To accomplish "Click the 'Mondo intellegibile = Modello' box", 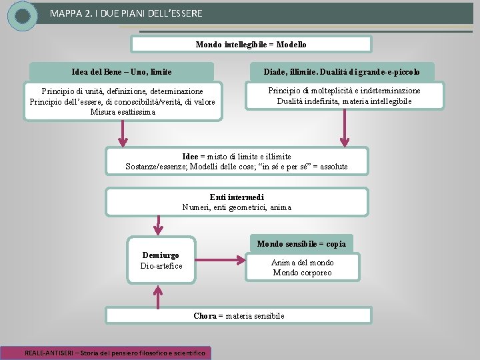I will (x=251, y=44).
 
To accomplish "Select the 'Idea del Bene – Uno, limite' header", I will (x=121, y=71).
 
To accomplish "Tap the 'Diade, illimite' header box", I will (x=341, y=71).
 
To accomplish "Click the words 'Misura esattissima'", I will (x=123, y=112).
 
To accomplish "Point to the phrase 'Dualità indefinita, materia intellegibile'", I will (x=344, y=101).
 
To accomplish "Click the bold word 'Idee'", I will (x=190, y=157).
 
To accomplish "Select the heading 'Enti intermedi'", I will (x=237, y=197).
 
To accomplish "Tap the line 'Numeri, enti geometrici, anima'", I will (x=237, y=207).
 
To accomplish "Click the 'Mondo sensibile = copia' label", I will (x=302, y=244).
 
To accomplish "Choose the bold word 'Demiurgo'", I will (x=161, y=255).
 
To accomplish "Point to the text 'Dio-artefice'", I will (x=161, y=266).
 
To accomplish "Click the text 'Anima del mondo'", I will (x=302, y=263).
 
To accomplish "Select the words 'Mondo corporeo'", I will (x=302, y=273).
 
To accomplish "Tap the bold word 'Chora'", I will (x=205, y=316).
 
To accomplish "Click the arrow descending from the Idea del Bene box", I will (x=123, y=133).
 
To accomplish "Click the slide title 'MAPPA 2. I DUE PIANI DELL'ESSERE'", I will (x=126, y=13).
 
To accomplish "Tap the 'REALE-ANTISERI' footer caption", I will (x=116, y=352).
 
